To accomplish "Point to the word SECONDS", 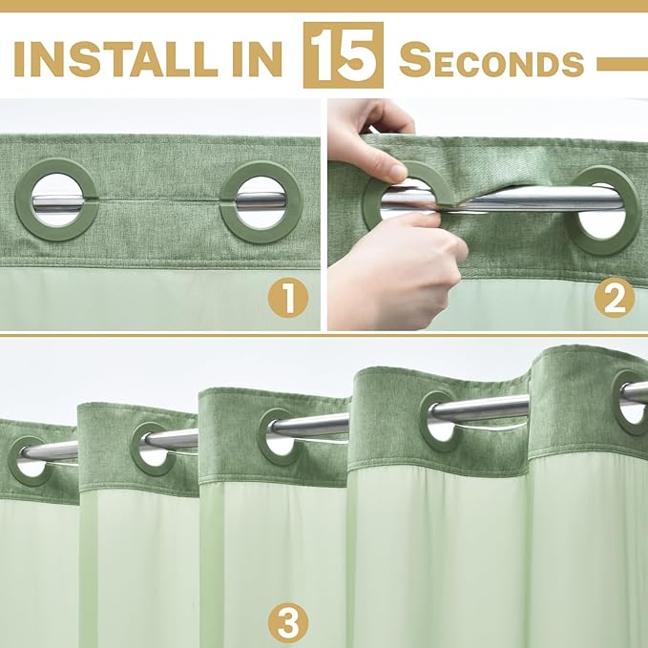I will coord(491,61).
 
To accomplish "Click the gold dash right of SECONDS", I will coord(621,63).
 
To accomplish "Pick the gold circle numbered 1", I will coord(286,299).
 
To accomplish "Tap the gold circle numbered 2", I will coord(614,299).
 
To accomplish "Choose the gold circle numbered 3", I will coord(286,624).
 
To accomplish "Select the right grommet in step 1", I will coord(261,200).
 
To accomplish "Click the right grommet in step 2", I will coord(604,210).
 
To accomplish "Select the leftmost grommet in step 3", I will coord(29,461).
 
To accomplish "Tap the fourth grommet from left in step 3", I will coord(440,420).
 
